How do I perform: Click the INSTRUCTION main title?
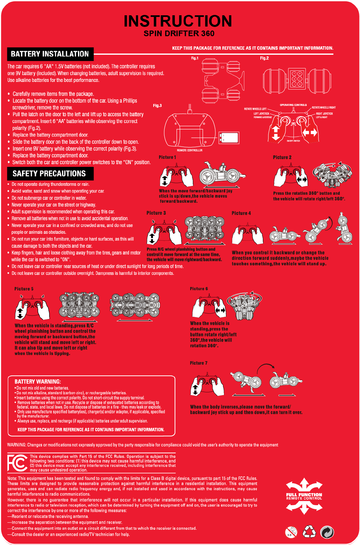point(178,21)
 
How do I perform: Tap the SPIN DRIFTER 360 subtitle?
point(179,34)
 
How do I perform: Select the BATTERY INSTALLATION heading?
point(50,54)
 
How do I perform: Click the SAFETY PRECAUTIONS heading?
point(49,174)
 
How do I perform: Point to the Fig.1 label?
point(195,58)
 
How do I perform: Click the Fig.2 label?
point(264,58)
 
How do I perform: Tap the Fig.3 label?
point(157,106)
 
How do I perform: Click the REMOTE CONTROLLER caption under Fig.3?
point(189,150)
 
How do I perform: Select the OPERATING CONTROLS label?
point(293,105)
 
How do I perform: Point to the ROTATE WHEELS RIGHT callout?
point(324,108)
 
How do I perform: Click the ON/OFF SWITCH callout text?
point(293,141)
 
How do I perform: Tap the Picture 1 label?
point(168,157)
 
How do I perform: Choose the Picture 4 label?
point(241,213)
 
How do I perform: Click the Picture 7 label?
point(199,363)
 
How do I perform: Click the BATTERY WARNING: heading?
point(38,382)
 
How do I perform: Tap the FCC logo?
point(17,463)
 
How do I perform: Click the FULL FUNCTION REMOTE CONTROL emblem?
point(304,496)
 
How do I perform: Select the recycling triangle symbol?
point(310,531)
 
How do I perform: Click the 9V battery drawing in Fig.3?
point(229,137)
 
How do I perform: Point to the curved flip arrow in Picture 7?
point(266,366)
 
